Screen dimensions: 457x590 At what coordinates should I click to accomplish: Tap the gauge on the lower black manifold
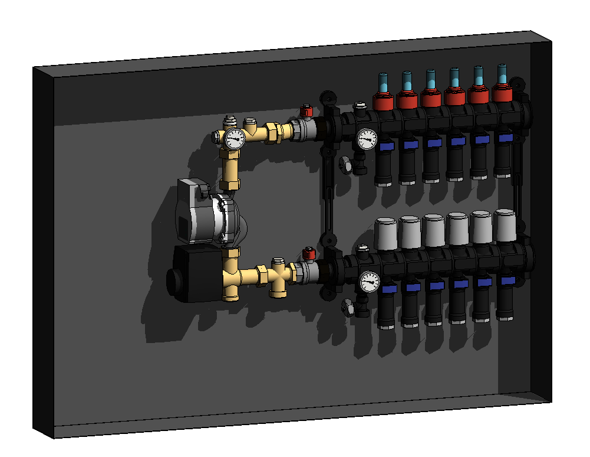(370, 282)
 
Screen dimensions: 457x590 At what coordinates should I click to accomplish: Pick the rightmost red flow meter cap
(502, 93)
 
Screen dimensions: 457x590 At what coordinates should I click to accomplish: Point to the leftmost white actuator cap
(385, 233)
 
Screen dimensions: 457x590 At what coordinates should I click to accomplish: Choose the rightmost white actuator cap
(505, 224)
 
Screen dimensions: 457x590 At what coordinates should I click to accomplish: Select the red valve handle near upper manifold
(306, 111)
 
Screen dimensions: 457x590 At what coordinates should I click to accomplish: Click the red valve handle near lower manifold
(308, 254)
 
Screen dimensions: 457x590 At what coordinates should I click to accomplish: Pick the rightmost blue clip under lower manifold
(506, 280)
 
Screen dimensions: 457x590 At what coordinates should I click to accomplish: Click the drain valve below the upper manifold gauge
(345, 165)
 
